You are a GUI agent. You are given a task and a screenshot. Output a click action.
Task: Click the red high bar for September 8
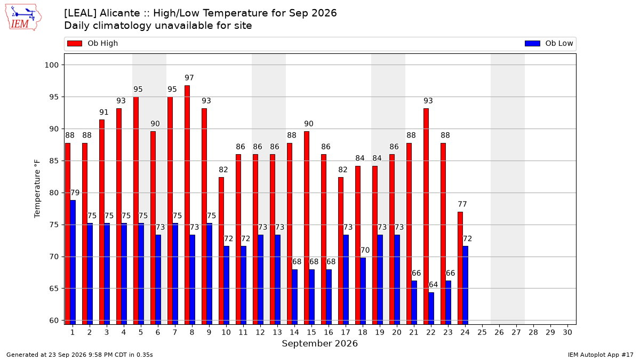tap(187, 205)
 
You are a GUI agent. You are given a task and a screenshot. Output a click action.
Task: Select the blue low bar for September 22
tap(431, 308)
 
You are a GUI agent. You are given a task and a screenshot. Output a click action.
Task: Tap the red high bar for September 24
tap(460, 268)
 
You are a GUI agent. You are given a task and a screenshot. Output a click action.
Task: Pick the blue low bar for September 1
tap(73, 262)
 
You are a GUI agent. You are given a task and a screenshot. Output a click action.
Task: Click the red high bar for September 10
tap(221, 251)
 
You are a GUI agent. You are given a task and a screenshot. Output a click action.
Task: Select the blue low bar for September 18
tap(363, 291)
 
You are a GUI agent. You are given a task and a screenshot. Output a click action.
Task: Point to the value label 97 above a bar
tap(189, 78)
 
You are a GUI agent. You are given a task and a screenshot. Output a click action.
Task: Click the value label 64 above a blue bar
tap(433, 285)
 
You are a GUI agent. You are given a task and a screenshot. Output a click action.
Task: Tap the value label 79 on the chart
tap(75, 193)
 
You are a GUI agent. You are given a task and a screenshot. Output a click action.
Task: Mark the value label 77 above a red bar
tap(462, 204)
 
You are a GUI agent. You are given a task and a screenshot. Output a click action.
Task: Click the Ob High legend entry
tap(93, 43)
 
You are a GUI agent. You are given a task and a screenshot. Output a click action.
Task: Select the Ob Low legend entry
tap(549, 43)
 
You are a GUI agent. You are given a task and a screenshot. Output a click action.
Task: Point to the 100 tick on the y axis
tap(51, 65)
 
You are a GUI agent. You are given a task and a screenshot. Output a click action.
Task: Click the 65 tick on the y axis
tap(54, 289)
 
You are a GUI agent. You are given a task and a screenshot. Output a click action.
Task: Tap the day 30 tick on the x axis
tap(567, 332)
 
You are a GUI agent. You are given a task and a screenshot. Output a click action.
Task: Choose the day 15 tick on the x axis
tap(311, 332)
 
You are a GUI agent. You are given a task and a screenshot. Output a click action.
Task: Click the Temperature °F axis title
tap(37, 189)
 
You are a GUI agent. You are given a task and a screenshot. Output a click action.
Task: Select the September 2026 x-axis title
tap(319, 343)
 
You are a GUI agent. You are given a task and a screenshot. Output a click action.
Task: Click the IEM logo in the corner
tap(23, 18)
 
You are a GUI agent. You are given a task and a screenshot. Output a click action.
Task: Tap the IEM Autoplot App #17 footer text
tap(601, 355)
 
